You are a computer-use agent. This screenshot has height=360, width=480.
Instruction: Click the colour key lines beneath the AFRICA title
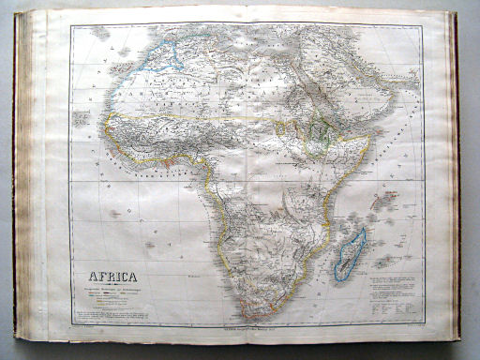(111, 298)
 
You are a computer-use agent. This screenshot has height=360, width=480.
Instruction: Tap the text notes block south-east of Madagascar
(394, 291)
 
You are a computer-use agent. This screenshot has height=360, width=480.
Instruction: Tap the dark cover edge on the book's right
(455, 178)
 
